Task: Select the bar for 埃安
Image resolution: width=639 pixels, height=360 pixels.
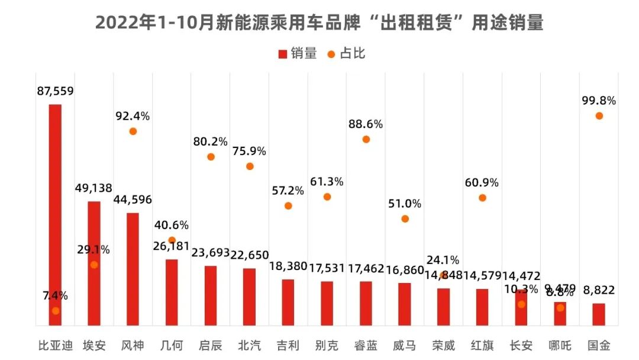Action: click(x=94, y=263)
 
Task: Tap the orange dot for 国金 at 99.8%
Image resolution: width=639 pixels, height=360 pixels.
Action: click(x=599, y=115)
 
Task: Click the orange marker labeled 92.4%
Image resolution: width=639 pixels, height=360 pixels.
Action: click(x=133, y=131)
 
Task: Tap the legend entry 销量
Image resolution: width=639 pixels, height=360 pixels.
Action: click(x=298, y=54)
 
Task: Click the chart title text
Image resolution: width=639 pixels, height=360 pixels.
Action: click(x=319, y=23)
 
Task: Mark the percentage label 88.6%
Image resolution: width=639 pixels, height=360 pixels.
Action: click(x=366, y=124)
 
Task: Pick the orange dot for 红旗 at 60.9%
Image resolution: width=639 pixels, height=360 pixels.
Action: click(x=482, y=198)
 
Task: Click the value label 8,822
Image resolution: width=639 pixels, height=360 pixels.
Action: click(x=599, y=290)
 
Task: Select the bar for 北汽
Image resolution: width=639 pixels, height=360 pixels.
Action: click(x=250, y=296)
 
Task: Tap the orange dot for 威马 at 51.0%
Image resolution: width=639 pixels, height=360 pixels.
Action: click(x=405, y=218)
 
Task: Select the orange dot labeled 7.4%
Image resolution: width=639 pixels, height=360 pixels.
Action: click(x=56, y=310)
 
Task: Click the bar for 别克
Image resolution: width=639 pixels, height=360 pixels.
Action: click(x=327, y=303)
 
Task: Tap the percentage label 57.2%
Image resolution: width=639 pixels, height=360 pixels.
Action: click(x=288, y=191)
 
